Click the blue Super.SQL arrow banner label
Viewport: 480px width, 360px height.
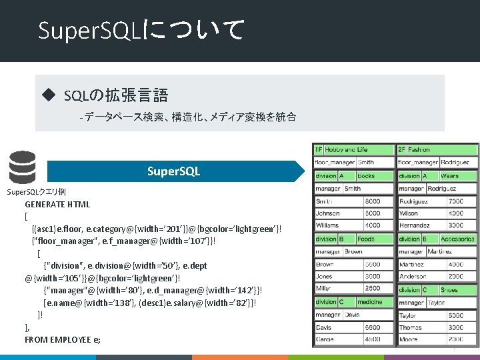point(173,171)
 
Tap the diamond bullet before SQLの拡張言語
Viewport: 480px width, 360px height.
point(47,95)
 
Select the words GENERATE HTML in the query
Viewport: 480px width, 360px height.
point(57,205)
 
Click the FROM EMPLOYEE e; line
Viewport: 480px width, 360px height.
point(63,339)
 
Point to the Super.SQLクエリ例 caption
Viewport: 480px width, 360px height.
point(36,192)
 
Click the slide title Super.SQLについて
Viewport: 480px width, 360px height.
point(141,30)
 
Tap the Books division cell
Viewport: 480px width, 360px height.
point(374,176)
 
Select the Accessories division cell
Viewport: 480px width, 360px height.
point(457,239)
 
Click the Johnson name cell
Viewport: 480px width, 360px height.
point(337,214)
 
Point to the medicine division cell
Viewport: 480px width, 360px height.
point(374,302)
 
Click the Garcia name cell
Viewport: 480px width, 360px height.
point(337,340)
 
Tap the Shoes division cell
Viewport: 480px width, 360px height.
point(457,290)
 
